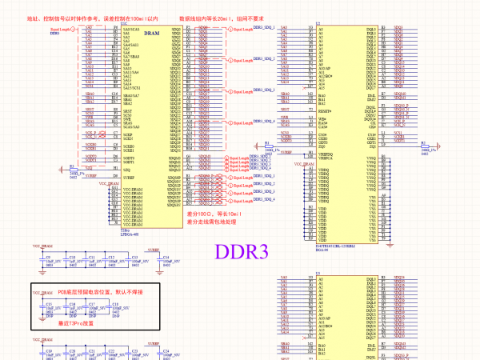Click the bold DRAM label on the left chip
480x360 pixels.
(x=151, y=34)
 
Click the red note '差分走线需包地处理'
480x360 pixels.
(x=214, y=223)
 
